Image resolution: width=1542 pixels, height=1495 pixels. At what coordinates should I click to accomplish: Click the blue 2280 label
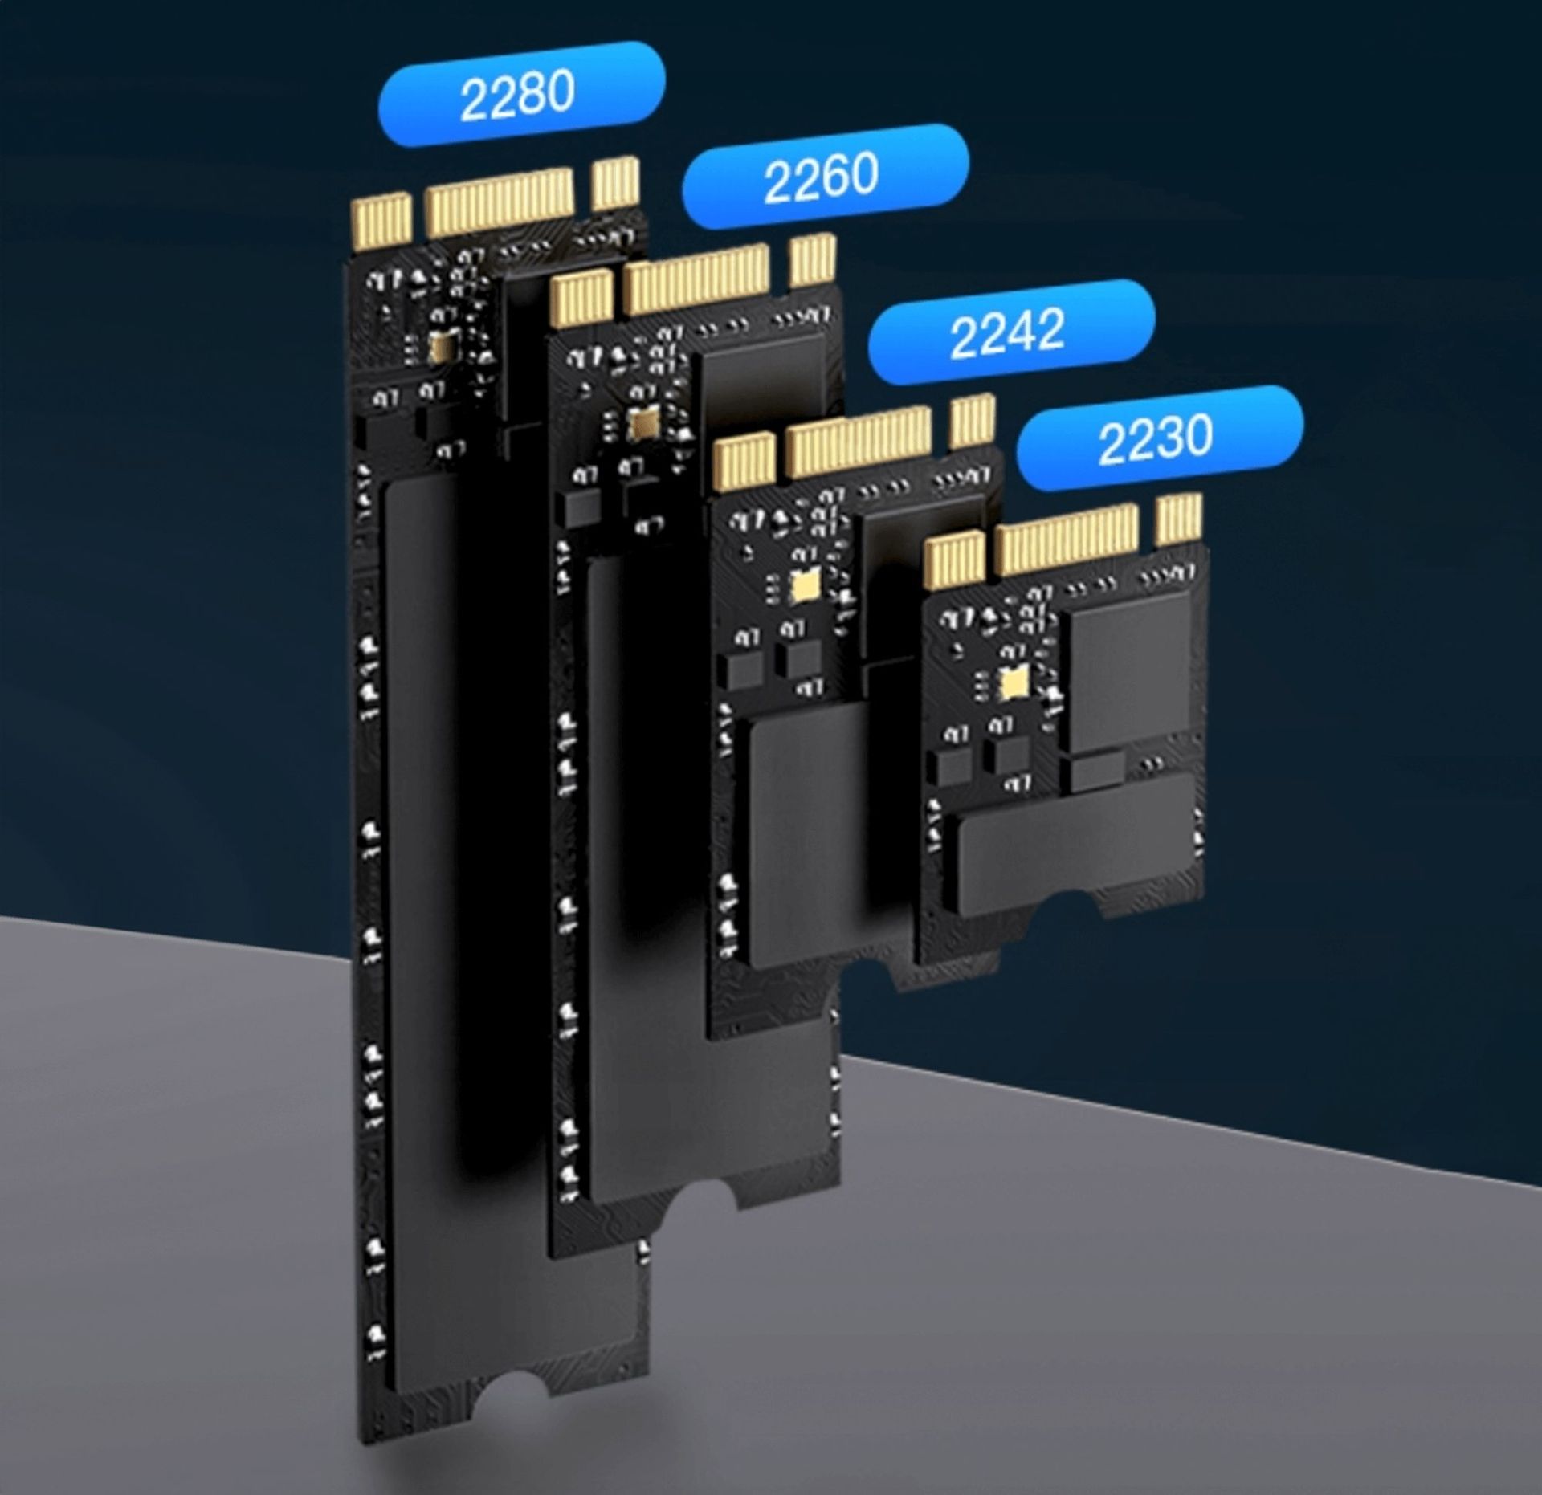(x=520, y=94)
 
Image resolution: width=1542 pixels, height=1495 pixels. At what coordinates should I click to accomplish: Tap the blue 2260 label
(x=825, y=177)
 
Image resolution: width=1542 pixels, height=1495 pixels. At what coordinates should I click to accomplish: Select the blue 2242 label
(x=1011, y=331)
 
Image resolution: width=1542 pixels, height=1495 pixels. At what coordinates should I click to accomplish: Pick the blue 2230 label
(x=1159, y=438)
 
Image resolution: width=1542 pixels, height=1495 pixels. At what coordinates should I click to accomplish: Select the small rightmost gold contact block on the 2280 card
(x=616, y=182)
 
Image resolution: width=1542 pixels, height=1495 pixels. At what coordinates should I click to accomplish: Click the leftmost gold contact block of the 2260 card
(x=581, y=298)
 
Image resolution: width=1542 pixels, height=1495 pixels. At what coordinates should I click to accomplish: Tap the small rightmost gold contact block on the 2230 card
(x=1180, y=519)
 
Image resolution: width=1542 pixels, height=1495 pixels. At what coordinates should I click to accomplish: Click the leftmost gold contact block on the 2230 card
(x=955, y=560)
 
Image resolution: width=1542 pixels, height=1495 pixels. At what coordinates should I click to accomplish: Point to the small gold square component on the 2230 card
(x=1013, y=682)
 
